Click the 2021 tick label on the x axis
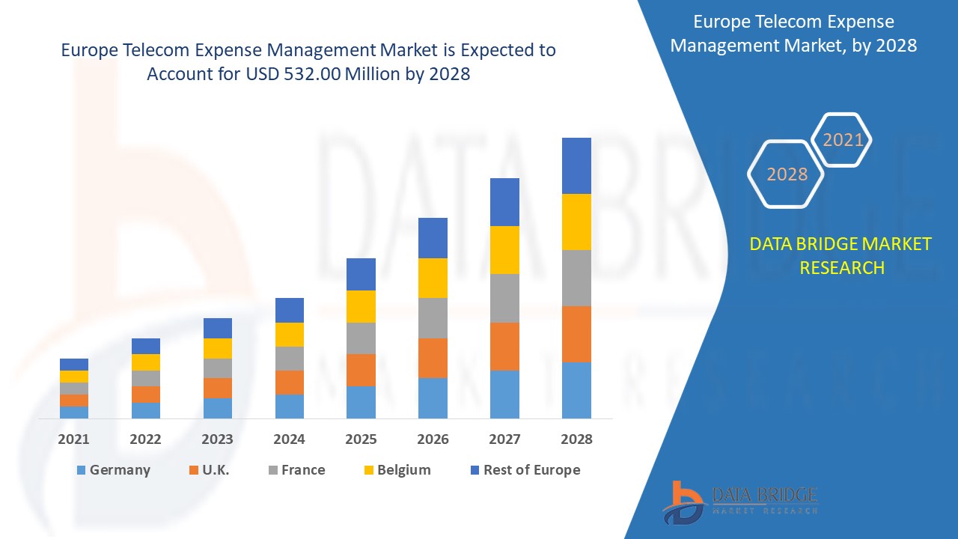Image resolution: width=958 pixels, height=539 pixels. [73, 439]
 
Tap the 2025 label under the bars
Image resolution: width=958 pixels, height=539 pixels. [361, 439]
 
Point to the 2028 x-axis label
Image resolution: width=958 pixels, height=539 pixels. [576, 439]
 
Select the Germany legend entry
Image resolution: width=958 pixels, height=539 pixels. [114, 470]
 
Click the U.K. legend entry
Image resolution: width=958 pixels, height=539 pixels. [210, 470]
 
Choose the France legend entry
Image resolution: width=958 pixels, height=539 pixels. [296, 470]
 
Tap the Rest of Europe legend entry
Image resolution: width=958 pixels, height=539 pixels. [524, 470]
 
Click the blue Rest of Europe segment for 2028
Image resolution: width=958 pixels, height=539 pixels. [576, 165]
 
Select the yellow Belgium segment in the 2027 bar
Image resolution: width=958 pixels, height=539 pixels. [504, 250]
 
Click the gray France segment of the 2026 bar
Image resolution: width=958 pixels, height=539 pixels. [433, 318]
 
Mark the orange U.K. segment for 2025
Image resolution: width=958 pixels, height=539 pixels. [361, 370]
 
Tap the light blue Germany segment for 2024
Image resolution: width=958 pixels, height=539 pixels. [289, 406]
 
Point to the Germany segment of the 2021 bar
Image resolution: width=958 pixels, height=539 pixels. [73, 412]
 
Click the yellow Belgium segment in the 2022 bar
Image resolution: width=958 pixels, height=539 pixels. [145, 362]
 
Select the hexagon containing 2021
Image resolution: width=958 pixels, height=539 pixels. [843, 140]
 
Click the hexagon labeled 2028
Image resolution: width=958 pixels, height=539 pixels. [787, 174]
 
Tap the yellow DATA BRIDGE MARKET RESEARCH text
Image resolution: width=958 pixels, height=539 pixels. [841, 256]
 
